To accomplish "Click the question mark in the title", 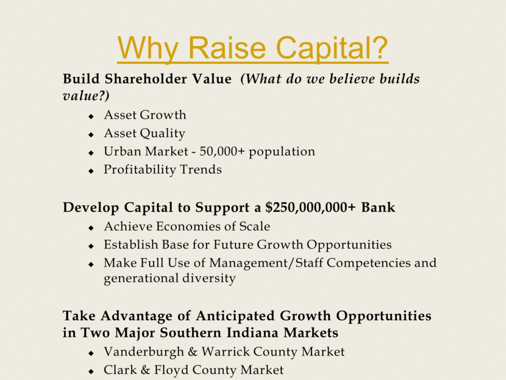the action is coord(377,47).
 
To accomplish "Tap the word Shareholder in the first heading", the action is coord(146,79).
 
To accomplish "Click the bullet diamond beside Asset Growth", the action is coord(91,117).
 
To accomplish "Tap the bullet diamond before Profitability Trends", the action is coord(91,171).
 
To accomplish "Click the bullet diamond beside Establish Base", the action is coord(91,246).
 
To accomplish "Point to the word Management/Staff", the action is coord(266,263).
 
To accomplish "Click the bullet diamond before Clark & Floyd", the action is coord(91,371).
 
